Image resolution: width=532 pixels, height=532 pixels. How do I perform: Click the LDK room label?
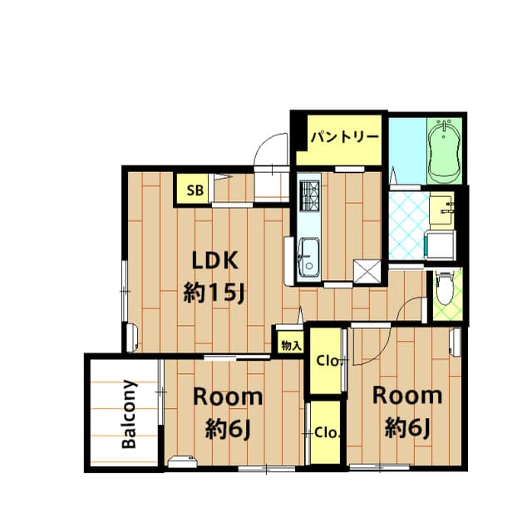point(216,260)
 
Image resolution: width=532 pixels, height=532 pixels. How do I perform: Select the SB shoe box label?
point(195,190)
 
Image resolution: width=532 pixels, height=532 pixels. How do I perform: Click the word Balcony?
point(129,414)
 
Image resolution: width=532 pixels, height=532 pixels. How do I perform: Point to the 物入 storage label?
point(289,344)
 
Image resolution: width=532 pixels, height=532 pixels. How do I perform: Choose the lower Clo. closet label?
point(326,432)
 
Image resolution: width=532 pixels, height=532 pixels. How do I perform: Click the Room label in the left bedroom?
point(228,397)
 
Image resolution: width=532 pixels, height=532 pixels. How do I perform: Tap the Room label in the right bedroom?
point(406,395)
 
